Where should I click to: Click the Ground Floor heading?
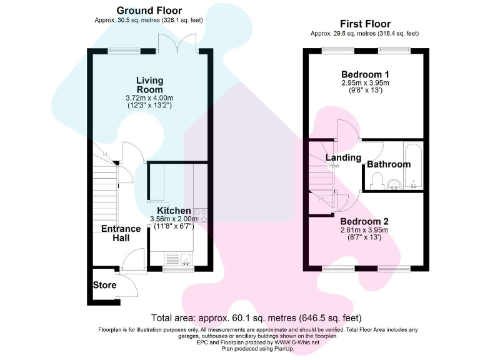tap(149, 11)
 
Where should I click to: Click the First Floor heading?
tap(364, 24)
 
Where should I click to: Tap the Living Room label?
tap(150, 85)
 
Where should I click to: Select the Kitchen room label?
tap(174, 211)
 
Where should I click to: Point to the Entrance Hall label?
tap(121, 234)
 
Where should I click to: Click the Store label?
tap(104, 285)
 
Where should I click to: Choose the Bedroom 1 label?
tap(365, 74)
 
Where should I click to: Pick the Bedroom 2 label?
tap(364, 221)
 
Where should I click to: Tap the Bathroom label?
tap(388, 164)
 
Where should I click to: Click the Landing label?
tap(343, 157)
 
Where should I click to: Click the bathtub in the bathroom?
tap(413, 166)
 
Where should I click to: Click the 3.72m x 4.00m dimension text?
tap(149, 98)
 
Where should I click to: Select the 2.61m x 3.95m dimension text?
tap(364, 231)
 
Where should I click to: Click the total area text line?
tap(256, 317)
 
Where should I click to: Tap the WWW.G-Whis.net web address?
tap(296, 342)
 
